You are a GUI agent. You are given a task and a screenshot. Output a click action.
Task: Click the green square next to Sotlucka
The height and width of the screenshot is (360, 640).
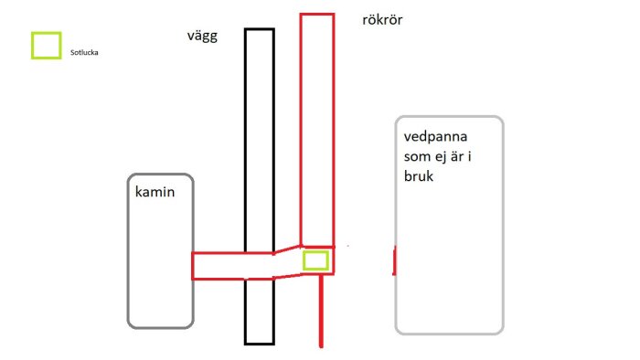point(47,47)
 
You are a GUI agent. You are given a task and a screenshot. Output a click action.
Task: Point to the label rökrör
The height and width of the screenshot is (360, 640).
point(383,20)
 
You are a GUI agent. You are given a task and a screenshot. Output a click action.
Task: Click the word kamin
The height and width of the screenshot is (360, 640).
point(155,193)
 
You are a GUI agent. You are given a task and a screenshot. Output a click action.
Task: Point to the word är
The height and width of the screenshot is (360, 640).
point(466,157)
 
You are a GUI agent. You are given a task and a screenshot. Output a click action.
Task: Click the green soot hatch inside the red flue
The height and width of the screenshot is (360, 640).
point(315,260)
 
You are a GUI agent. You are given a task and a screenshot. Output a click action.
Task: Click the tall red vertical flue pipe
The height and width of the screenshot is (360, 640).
point(316,128)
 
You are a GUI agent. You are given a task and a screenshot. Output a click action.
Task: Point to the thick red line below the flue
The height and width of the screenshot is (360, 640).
point(322,311)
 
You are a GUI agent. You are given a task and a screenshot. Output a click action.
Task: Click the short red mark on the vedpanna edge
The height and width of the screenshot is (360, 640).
point(394,260)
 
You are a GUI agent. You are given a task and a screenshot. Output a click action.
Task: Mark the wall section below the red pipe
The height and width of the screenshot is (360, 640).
point(259,311)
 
